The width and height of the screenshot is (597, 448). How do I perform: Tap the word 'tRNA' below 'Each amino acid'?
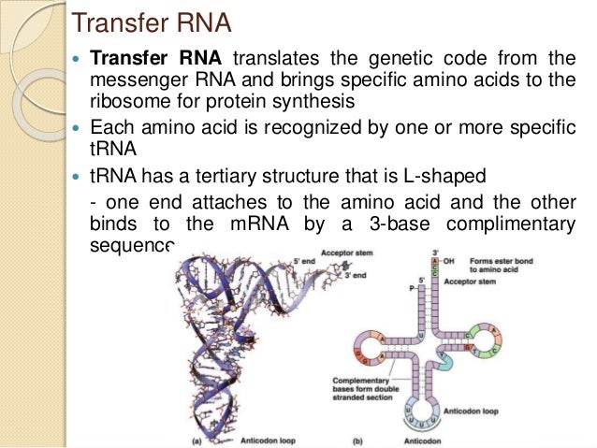pos(109,147)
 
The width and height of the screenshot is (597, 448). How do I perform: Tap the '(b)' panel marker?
pos(359,438)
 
